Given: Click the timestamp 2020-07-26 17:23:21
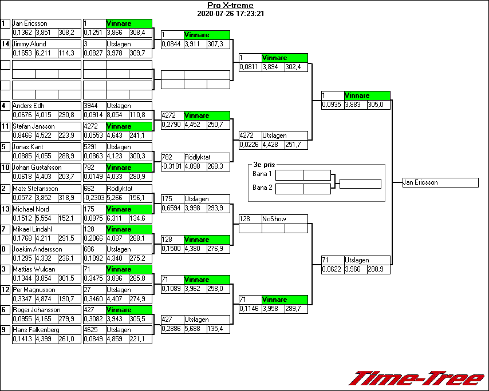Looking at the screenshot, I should point(230,13).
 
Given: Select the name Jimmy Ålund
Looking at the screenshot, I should point(29,44).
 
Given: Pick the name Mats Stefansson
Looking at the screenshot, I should point(33,188).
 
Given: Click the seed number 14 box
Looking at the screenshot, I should point(5,44).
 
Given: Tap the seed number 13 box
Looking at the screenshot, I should point(5,209).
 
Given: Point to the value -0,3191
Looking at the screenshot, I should point(172,166).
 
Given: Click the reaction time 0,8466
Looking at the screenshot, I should point(23,135).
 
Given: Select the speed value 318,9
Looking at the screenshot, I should point(66,197).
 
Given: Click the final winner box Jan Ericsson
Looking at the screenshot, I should point(440,182).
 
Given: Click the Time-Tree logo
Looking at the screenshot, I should point(417,378).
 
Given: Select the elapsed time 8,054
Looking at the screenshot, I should point(116,115).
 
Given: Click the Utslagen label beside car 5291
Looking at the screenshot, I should point(119,147).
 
